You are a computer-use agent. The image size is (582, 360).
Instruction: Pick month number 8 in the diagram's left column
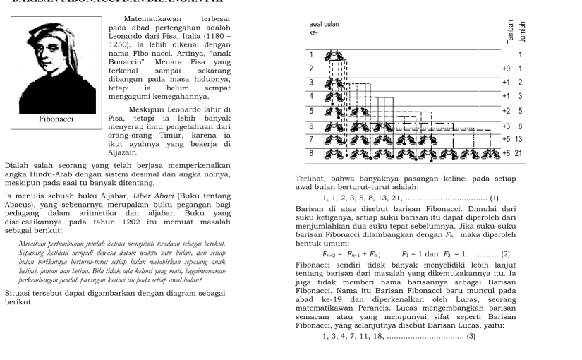pos(311,152)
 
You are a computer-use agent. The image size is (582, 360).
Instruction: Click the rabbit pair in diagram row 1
pos(334,54)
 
